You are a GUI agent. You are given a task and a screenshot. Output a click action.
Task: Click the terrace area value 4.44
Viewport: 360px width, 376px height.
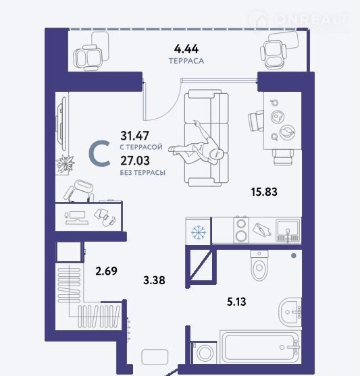tap(186, 49)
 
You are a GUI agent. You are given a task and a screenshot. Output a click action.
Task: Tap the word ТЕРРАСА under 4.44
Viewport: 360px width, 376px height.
tap(186, 61)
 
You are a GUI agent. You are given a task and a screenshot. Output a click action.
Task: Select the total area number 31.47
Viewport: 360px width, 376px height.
tap(134, 136)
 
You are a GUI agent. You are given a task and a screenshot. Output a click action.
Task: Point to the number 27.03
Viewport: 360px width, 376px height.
tap(135, 161)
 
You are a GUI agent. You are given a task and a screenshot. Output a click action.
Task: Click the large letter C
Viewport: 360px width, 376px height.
tap(99, 153)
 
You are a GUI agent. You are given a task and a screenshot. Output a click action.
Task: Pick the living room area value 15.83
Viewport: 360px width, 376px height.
tap(264, 192)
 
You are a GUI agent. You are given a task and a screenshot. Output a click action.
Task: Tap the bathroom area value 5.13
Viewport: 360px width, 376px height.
tap(236, 302)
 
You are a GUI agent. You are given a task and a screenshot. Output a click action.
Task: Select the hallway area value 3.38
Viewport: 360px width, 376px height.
tap(154, 280)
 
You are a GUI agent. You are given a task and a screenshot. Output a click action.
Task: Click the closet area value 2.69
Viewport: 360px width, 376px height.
tap(106, 271)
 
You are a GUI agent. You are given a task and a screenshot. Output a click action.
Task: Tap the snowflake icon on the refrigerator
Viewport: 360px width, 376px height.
tap(199, 232)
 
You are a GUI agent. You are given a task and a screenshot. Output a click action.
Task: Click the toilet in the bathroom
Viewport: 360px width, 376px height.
tap(259, 265)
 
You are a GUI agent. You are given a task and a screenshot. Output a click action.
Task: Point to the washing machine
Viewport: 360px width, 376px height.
tap(205, 353)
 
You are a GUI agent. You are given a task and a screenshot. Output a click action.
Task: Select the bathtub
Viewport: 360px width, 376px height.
tap(259, 347)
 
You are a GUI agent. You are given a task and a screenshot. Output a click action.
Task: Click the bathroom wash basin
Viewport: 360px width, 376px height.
tap(290, 312)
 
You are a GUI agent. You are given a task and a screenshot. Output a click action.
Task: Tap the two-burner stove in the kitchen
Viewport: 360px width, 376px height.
tap(241, 230)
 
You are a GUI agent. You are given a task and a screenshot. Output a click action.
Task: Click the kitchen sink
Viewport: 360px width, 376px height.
tap(288, 230)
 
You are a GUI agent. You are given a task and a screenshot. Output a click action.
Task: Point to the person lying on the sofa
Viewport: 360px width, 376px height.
tap(197, 144)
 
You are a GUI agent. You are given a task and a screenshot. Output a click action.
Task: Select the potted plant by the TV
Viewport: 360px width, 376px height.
tap(65, 164)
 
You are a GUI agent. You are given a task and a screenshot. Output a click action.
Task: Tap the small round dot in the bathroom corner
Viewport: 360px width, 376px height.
tap(294, 256)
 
